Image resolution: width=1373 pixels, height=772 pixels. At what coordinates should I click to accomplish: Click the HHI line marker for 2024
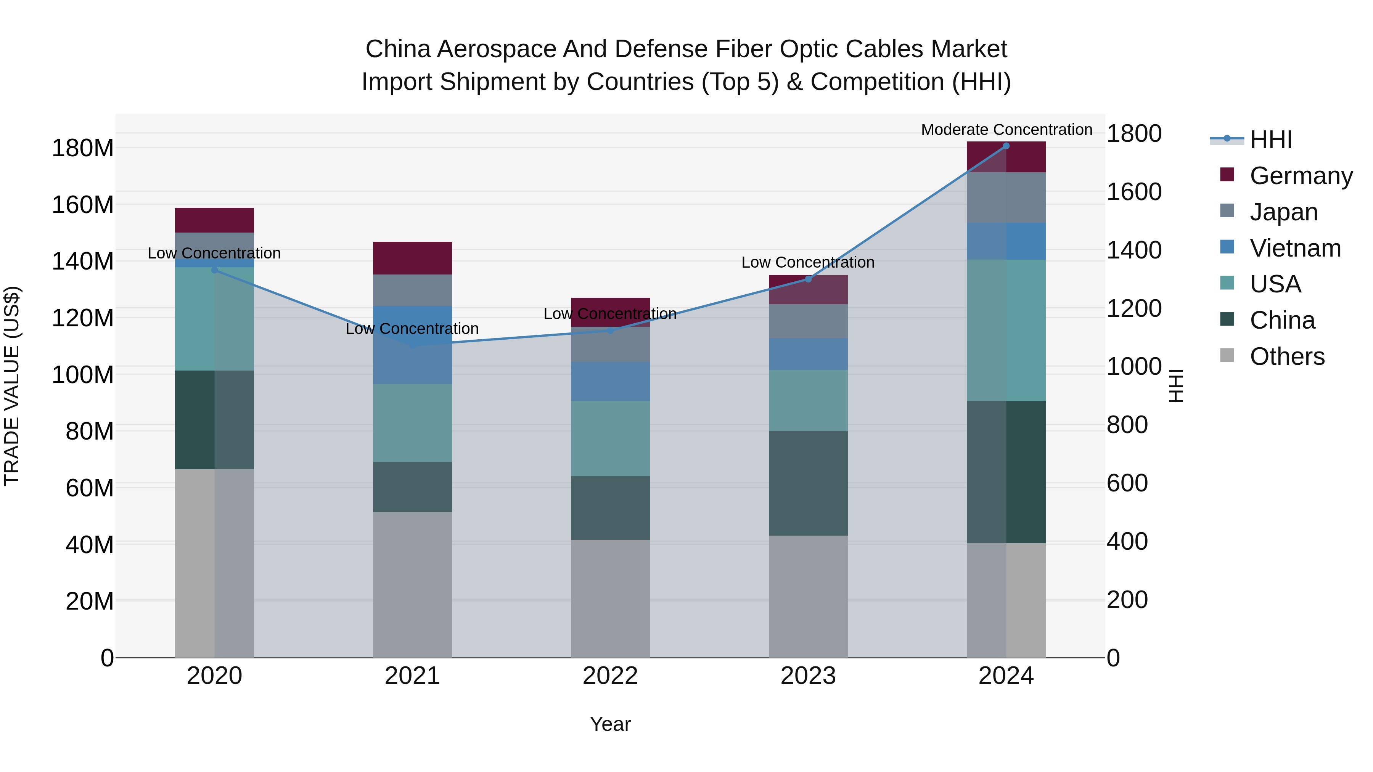coord(1006,146)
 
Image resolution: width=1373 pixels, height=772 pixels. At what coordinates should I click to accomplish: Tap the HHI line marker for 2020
coord(214,270)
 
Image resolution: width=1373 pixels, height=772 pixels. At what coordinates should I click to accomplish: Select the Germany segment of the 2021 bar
coord(412,258)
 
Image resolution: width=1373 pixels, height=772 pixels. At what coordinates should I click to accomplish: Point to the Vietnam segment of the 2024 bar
coord(1006,241)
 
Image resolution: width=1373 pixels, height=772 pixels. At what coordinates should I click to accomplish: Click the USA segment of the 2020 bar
coord(214,319)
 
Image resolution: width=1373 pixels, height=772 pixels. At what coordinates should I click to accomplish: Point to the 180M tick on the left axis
coord(83,148)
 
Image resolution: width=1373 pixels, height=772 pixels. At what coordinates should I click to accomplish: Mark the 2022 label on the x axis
coord(610,676)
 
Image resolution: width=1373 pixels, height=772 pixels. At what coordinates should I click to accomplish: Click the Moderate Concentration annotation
coord(1006,130)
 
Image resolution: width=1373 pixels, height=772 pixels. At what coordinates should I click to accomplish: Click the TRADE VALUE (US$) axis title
coord(12,386)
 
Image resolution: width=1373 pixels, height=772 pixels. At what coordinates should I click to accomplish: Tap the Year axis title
coord(610,724)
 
